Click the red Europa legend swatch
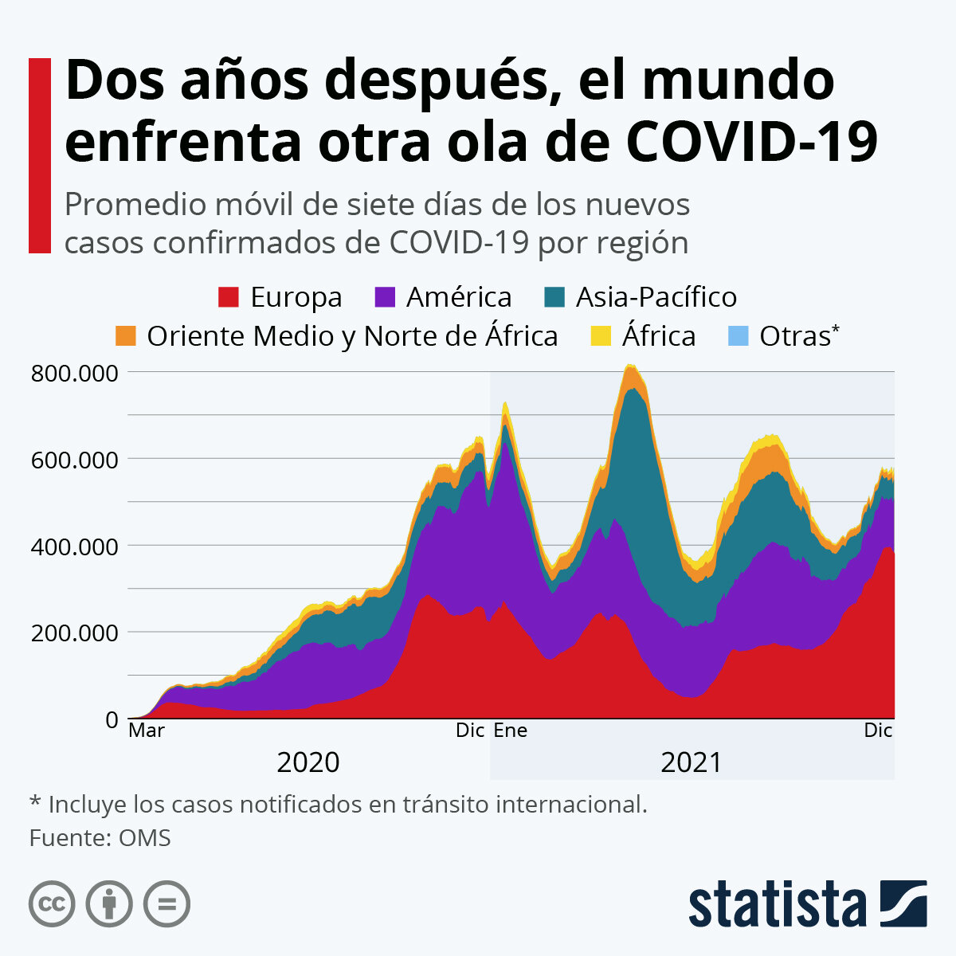point(229,297)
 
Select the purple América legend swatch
point(385,297)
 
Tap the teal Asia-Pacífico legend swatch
point(554,297)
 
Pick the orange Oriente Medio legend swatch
point(126,336)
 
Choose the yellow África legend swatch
point(601,336)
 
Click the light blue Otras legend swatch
point(739,336)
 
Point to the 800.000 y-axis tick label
point(74,373)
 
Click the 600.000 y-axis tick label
point(74,460)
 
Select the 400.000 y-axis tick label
point(74,547)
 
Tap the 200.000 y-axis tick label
point(74,633)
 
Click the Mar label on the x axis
point(147,731)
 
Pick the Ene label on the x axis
point(511,731)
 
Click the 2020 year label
point(308,762)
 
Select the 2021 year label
point(692,762)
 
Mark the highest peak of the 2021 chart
point(631,366)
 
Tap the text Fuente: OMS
point(100,838)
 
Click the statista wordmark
point(778,904)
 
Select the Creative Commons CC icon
point(52,904)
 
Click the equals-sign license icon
point(167,904)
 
